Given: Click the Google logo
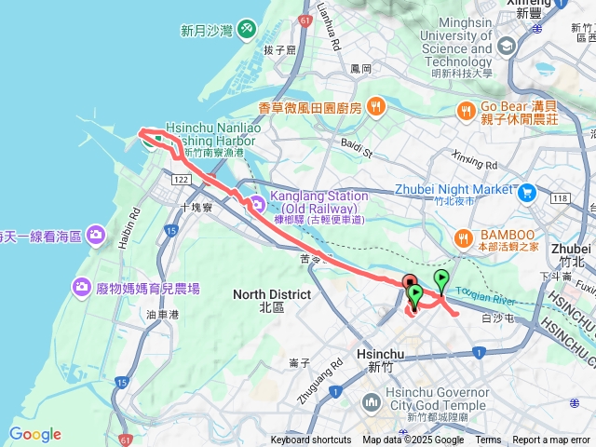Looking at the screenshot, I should click(35, 434).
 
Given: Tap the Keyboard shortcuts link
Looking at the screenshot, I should click(311, 440).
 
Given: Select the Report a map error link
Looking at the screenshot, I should click(551, 440).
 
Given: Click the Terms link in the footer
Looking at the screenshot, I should click(488, 440).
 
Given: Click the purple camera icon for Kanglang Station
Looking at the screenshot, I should click(256, 203).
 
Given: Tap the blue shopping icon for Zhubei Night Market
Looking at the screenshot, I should click(527, 191).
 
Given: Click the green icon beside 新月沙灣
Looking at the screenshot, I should click(246, 30).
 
